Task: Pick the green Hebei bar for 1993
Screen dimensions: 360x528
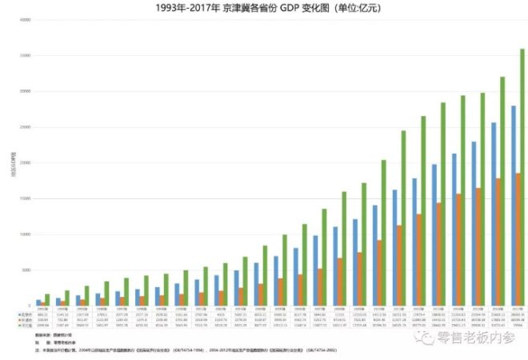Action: [47, 300]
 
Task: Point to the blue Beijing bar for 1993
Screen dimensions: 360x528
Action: [38, 302]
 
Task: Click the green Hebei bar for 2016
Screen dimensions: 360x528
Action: [502, 191]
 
